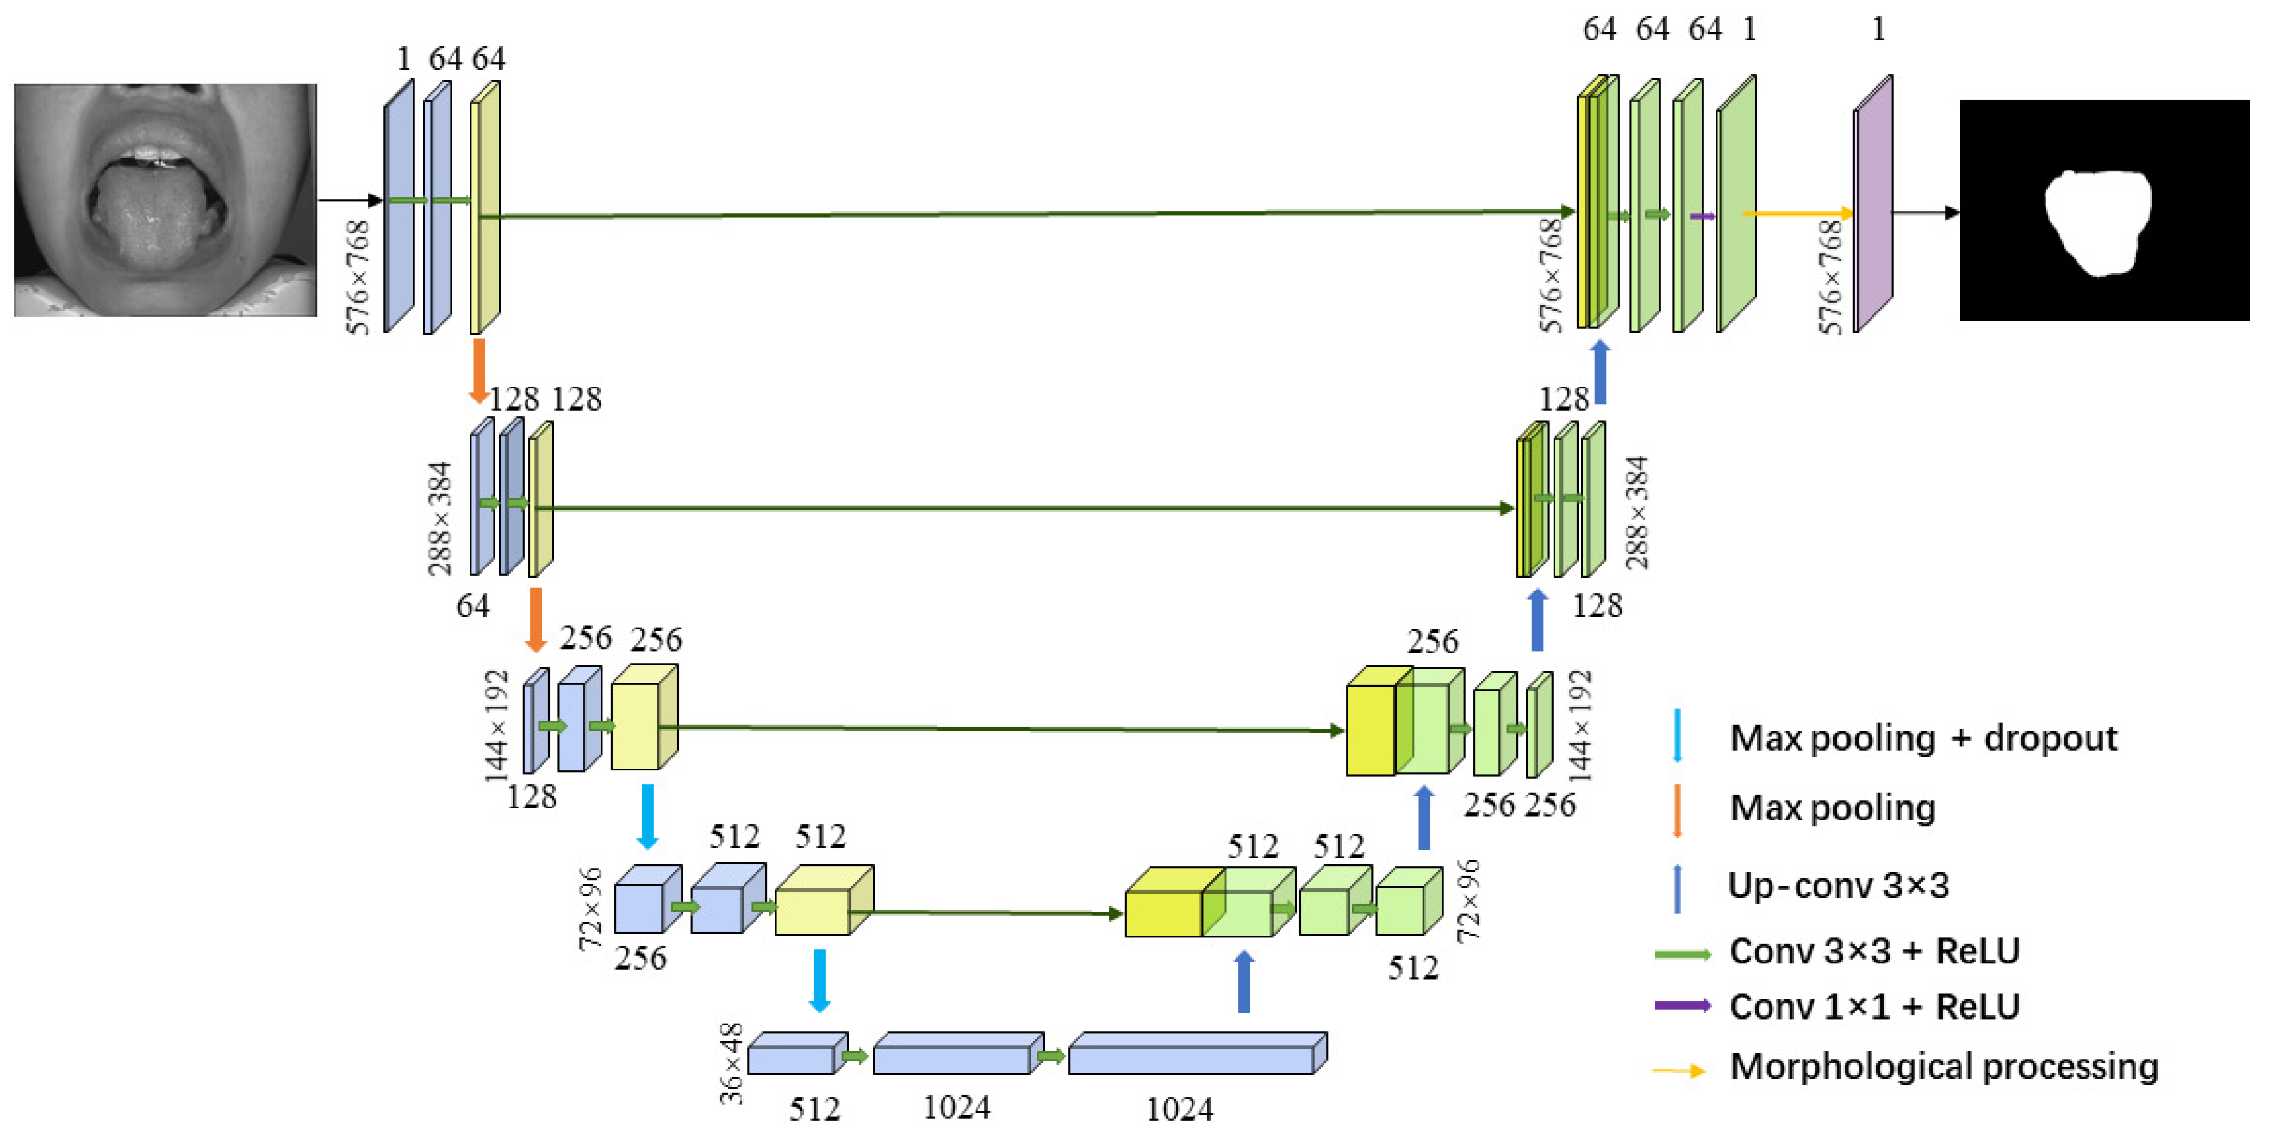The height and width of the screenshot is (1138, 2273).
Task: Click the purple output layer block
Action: click(x=1872, y=205)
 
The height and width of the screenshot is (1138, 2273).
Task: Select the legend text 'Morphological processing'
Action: click(x=1944, y=1067)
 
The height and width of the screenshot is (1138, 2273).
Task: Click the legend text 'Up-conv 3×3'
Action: click(x=1838, y=885)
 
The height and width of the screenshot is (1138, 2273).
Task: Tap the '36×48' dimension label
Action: click(x=732, y=1063)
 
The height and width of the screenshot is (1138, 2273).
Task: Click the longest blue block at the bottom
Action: click(x=1195, y=1055)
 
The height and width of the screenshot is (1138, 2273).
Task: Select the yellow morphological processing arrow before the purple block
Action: click(x=1797, y=213)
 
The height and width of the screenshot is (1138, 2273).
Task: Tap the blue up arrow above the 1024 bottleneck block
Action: click(x=1243, y=982)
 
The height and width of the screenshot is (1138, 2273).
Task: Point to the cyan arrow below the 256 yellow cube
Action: click(x=647, y=816)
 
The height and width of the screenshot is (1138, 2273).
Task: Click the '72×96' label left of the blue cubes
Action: click(x=589, y=908)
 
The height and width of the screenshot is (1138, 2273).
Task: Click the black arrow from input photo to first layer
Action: click(x=349, y=201)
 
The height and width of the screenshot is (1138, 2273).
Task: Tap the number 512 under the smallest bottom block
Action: click(x=814, y=1109)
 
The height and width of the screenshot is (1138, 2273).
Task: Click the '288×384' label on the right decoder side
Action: click(x=1636, y=512)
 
